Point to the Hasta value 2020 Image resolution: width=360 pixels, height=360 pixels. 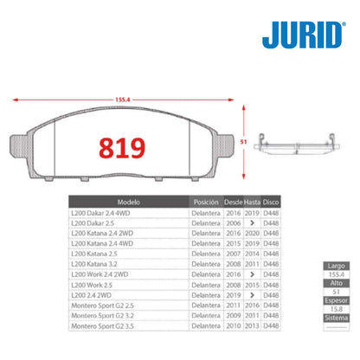[x=252, y=231]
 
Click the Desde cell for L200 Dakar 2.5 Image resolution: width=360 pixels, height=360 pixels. [x=233, y=222]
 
